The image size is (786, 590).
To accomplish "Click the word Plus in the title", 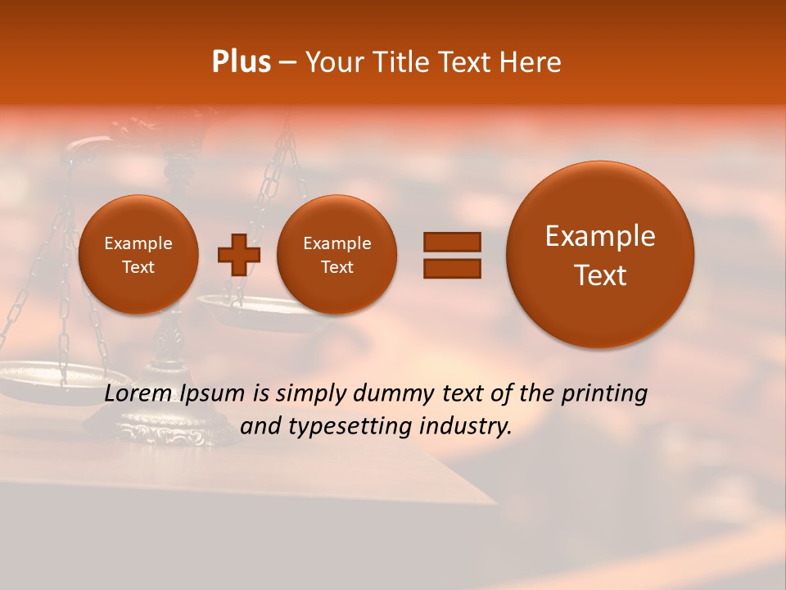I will point(242,62).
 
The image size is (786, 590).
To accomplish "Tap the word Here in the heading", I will point(531,62).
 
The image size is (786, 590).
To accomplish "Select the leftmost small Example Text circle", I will point(138,255).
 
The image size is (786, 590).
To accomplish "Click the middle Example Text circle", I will point(337,255).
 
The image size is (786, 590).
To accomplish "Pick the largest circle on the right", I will point(600,255).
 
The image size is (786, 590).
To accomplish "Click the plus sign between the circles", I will point(238,255).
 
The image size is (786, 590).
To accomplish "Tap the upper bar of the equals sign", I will point(451,242).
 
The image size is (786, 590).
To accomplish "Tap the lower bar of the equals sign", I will point(451,268).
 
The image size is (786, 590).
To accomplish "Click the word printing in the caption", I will point(604,394).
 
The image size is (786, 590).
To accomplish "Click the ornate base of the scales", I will point(168,426).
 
